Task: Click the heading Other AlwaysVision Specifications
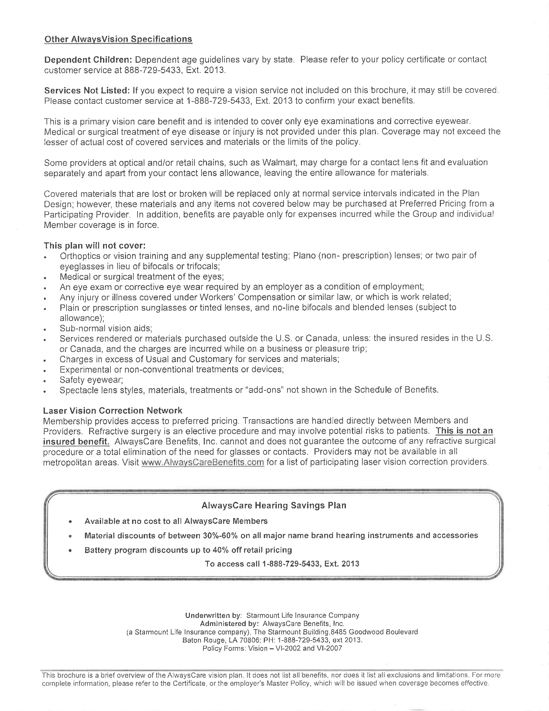118,39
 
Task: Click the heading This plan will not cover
95,245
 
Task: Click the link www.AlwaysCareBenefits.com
202,462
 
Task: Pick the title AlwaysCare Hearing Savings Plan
274,505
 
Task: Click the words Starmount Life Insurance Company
303,615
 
